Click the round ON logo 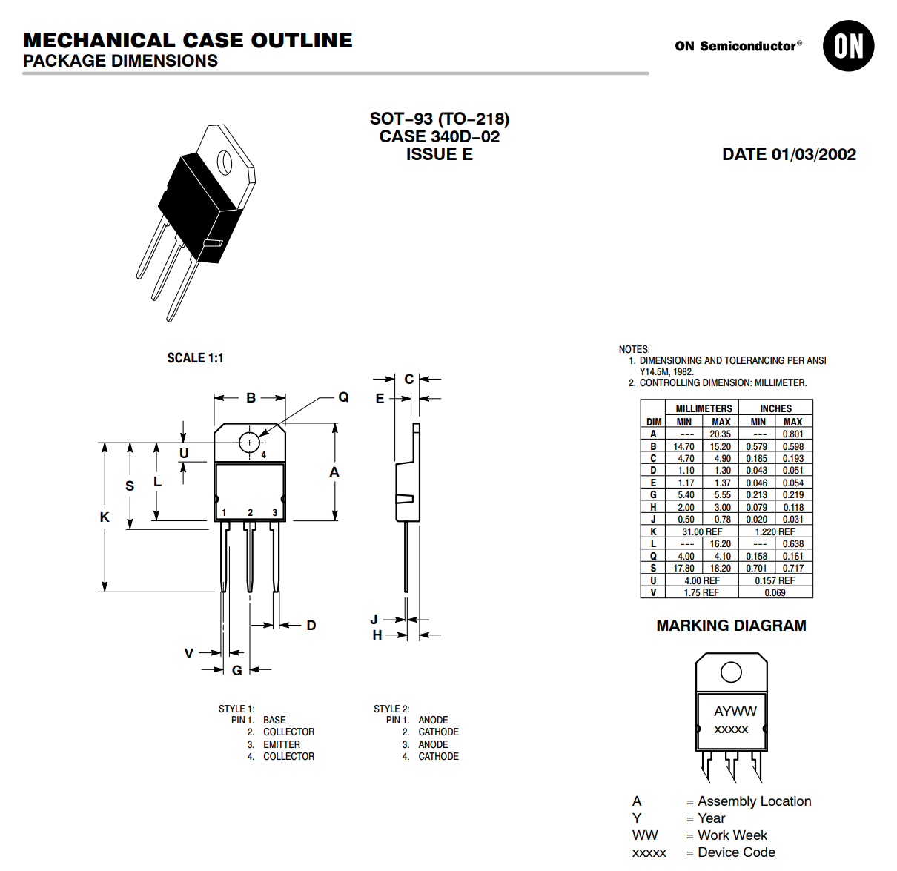[x=848, y=46]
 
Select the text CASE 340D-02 [x=439, y=136]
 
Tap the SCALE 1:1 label [x=195, y=358]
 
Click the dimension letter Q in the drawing [x=343, y=397]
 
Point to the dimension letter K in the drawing [x=105, y=517]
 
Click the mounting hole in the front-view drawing [x=249, y=443]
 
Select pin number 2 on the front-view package [x=251, y=512]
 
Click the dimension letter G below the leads [x=237, y=670]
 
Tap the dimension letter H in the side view [x=377, y=635]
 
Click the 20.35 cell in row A [x=720, y=434]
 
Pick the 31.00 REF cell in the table [x=701, y=531]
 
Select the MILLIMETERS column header [x=704, y=408]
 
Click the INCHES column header [x=775, y=408]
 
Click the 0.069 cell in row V [x=775, y=592]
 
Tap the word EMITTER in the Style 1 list [x=282, y=744]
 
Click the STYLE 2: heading [x=391, y=709]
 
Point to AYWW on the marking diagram [x=735, y=711]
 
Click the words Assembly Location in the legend [x=754, y=801]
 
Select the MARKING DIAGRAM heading [x=731, y=626]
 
